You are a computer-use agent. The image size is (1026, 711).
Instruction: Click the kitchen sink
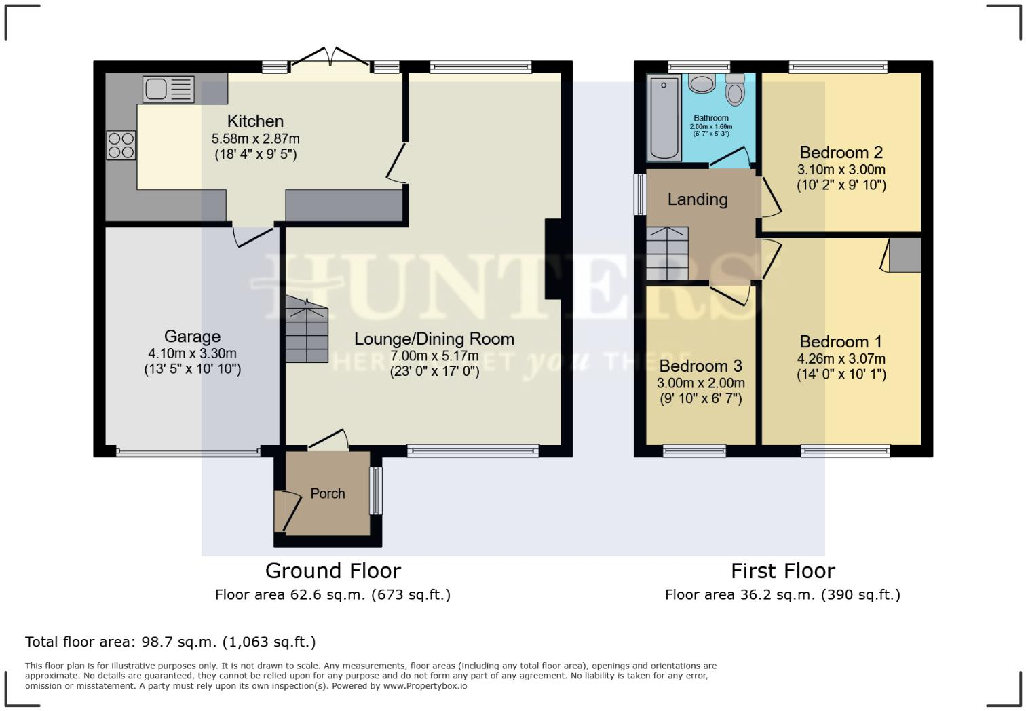(168, 88)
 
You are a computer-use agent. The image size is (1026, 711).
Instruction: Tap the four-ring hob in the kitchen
(121, 145)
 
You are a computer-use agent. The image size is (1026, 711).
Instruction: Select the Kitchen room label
(255, 121)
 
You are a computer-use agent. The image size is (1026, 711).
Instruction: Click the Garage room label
(192, 337)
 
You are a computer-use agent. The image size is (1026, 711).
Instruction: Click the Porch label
(328, 493)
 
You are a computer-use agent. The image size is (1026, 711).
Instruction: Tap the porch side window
(375, 491)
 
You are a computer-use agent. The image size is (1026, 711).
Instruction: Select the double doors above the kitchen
(331, 58)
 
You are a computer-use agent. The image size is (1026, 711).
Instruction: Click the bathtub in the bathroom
(664, 117)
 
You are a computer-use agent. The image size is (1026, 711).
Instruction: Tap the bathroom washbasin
(701, 83)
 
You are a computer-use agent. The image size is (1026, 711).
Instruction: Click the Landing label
(698, 199)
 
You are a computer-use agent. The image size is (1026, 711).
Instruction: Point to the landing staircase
(667, 253)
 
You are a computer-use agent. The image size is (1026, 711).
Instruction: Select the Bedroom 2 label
(841, 152)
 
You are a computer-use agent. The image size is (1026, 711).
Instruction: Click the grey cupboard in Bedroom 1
(905, 255)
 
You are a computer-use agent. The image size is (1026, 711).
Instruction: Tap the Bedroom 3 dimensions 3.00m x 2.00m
(700, 383)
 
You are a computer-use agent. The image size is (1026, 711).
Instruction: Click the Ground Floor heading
(332, 571)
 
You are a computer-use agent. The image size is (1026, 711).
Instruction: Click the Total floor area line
(170, 642)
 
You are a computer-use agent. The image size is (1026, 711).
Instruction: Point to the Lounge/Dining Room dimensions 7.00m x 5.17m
(434, 355)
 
